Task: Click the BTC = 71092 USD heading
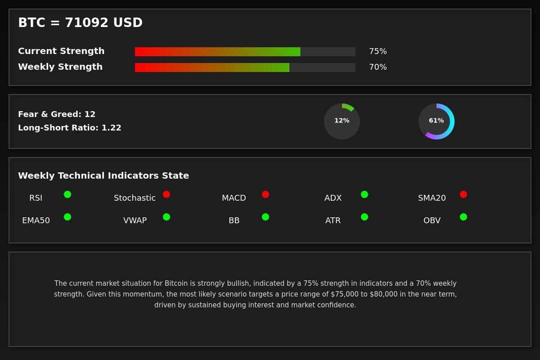coord(80,23)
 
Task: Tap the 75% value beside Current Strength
coord(378,51)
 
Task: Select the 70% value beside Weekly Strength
coord(378,67)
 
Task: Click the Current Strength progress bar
coord(245,52)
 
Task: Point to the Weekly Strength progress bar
coord(245,67)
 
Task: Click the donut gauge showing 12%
coord(342,121)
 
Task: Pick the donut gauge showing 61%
coord(436,121)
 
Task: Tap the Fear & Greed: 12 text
coord(57,114)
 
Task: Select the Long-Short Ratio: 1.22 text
coord(70,128)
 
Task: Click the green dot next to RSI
coord(67,194)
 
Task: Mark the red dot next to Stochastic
coord(166,194)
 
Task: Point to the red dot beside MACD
coord(265,194)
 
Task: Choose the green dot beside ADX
coord(364,194)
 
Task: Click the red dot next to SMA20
coord(463,194)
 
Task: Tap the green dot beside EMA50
coord(67,217)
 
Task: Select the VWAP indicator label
coord(135,220)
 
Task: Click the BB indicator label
coord(234,220)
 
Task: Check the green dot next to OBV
coord(463,217)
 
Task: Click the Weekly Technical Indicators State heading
coord(103,176)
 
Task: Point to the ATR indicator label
coord(333,220)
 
